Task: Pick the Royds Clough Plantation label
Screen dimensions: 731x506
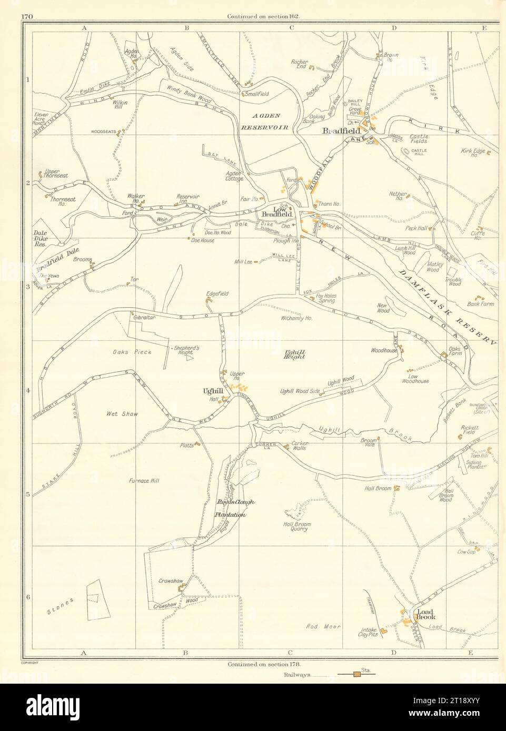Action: (x=235, y=509)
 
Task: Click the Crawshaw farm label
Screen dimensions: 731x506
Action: (x=170, y=581)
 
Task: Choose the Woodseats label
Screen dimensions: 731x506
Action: (x=102, y=132)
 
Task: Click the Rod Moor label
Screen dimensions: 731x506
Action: (x=323, y=626)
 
